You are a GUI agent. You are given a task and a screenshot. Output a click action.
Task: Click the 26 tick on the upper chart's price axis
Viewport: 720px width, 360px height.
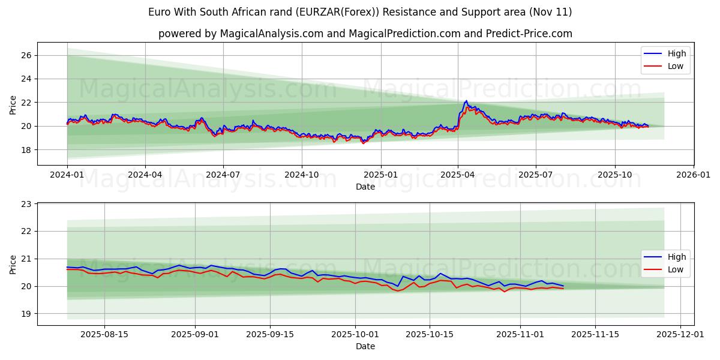[26, 55]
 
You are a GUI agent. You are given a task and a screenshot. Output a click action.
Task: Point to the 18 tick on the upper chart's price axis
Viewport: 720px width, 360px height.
[26, 149]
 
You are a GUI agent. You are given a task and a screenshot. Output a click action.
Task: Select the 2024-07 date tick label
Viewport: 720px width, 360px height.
[223, 175]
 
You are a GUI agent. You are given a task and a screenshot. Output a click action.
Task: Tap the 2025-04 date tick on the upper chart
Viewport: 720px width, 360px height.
[458, 175]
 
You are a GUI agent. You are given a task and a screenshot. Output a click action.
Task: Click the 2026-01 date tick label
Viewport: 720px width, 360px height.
[693, 175]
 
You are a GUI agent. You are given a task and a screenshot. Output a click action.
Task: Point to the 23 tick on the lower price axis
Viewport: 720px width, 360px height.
[26, 204]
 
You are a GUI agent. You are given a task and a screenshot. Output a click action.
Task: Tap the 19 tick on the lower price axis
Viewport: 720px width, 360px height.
[26, 314]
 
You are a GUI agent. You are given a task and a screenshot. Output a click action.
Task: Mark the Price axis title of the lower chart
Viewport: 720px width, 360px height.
[13, 265]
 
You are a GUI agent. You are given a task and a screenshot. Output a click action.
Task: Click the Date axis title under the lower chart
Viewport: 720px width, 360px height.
[365, 346]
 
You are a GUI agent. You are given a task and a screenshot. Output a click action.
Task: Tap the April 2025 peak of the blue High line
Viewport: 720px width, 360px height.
[466, 101]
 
